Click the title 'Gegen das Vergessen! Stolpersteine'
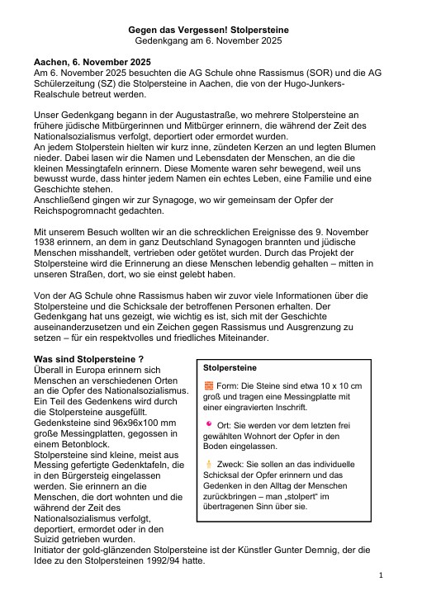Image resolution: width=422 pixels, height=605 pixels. pos(210,30)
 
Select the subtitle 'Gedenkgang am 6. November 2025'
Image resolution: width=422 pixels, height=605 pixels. pos(210,40)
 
